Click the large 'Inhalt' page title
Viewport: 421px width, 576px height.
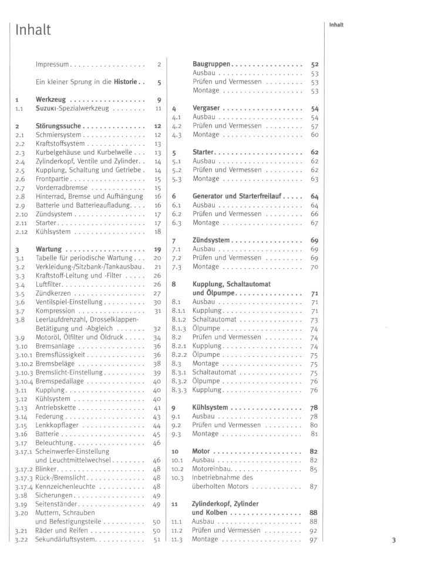point(33,29)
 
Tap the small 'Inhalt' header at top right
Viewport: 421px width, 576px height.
point(336,25)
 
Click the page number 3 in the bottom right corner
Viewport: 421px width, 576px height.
point(394,540)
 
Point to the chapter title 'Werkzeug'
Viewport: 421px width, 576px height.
point(50,100)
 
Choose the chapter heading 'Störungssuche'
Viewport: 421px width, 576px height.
point(58,126)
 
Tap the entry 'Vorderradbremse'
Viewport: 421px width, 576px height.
point(60,187)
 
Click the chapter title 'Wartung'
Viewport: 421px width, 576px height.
point(49,249)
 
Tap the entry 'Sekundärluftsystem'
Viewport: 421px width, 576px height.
point(65,540)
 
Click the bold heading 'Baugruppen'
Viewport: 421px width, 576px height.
point(211,64)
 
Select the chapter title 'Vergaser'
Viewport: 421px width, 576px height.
point(206,108)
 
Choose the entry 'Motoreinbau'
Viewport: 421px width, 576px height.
point(214,469)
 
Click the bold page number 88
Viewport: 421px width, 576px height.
point(313,513)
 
